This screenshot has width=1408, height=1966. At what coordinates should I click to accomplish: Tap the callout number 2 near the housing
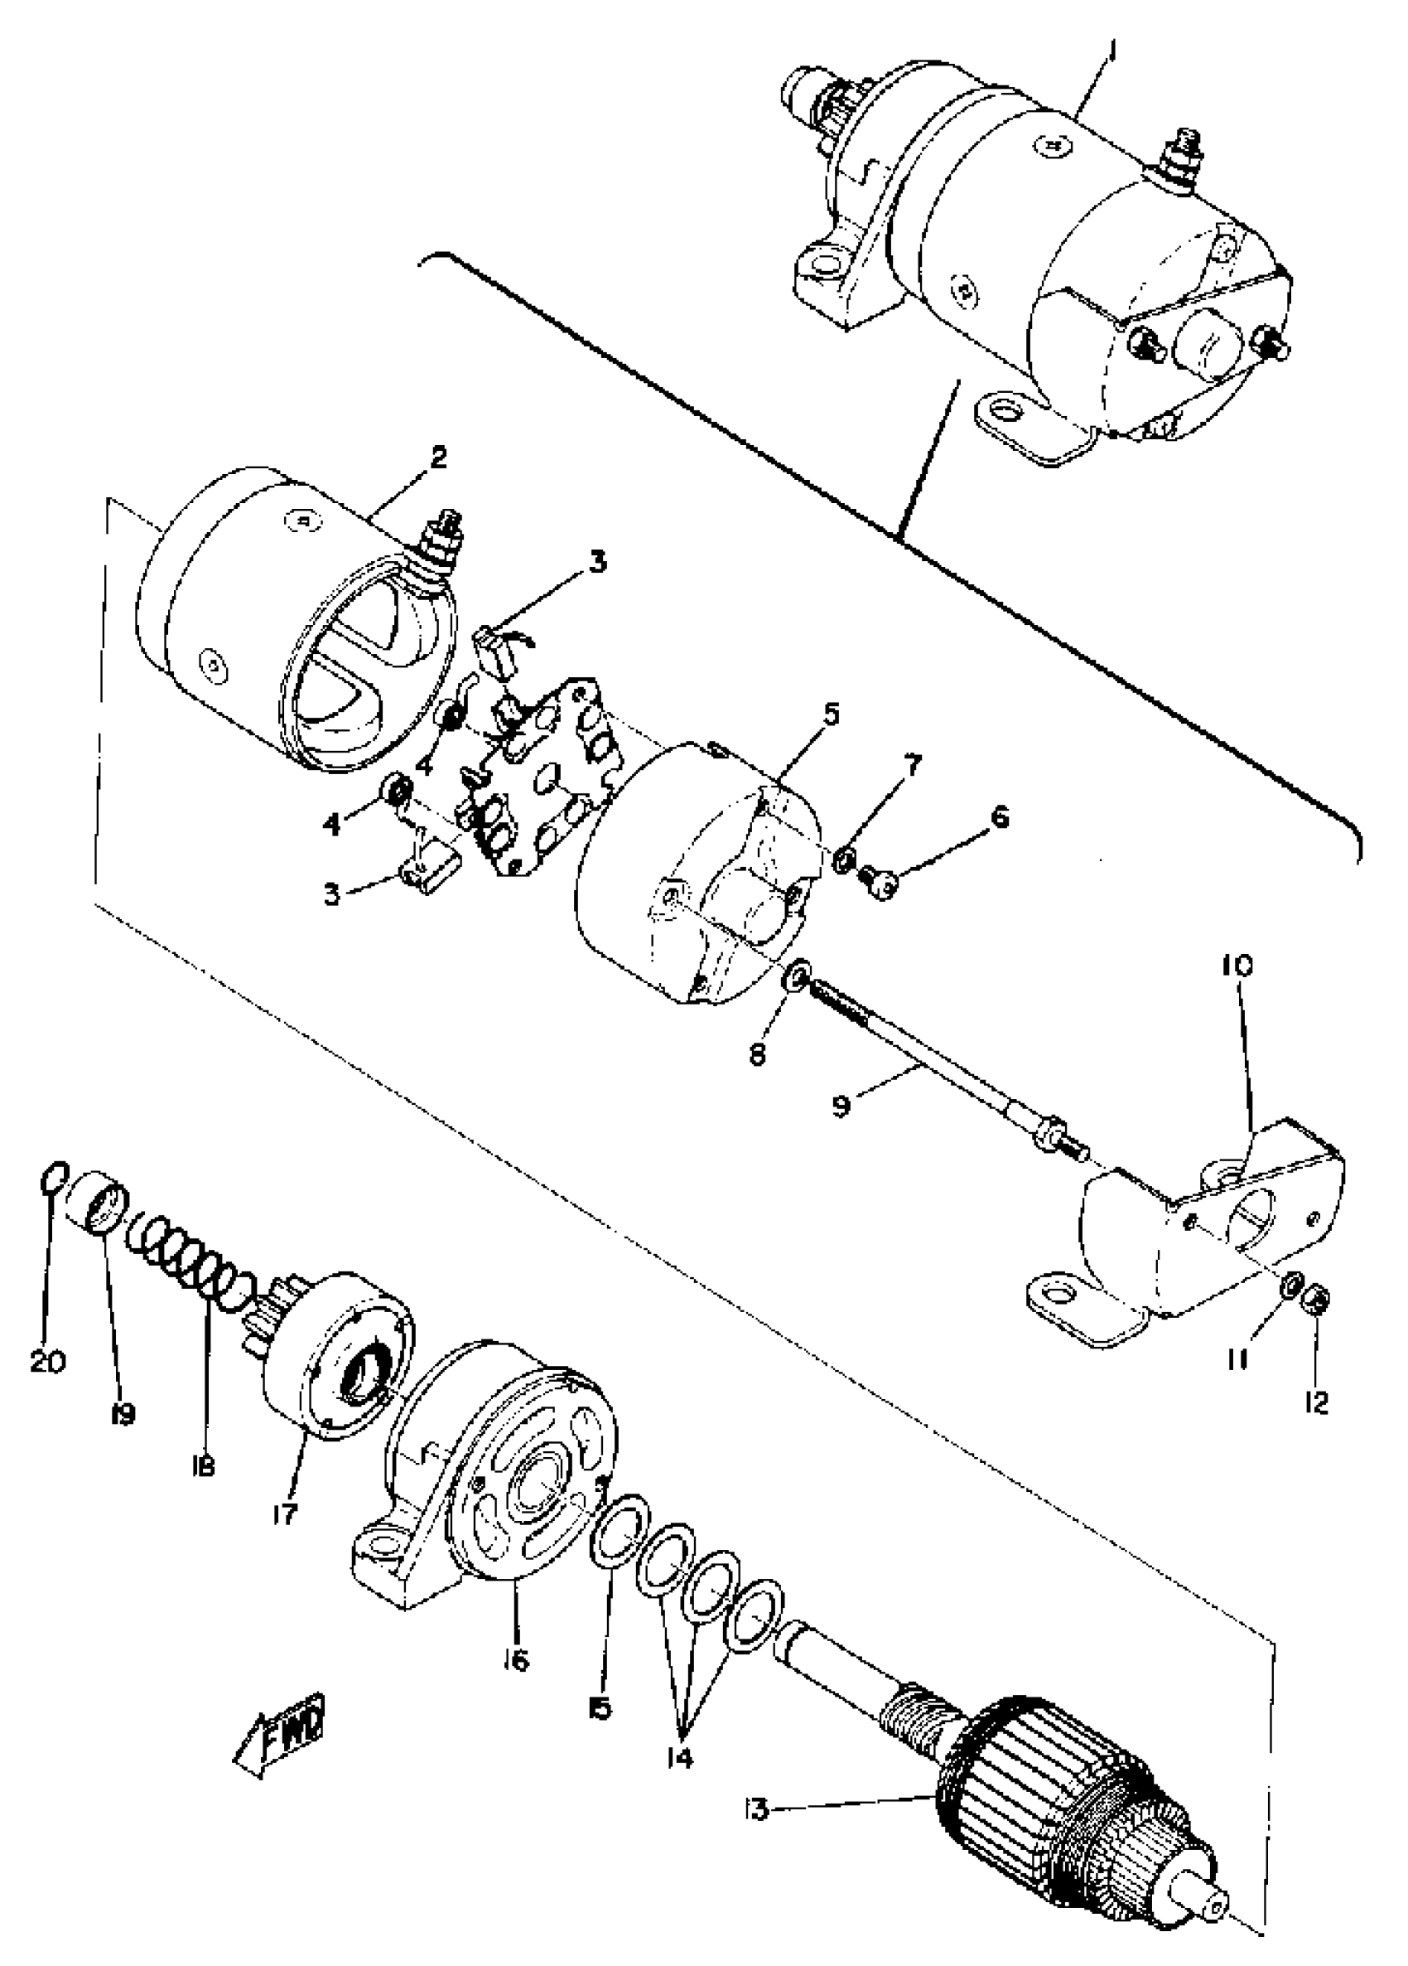pyautogui.click(x=438, y=457)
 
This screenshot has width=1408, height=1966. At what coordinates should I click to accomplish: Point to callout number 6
pyautogui.click(x=1000, y=816)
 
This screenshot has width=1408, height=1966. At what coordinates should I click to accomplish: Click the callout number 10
pyautogui.click(x=1238, y=966)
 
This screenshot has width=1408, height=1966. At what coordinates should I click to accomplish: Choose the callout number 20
pyautogui.click(x=48, y=1362)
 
